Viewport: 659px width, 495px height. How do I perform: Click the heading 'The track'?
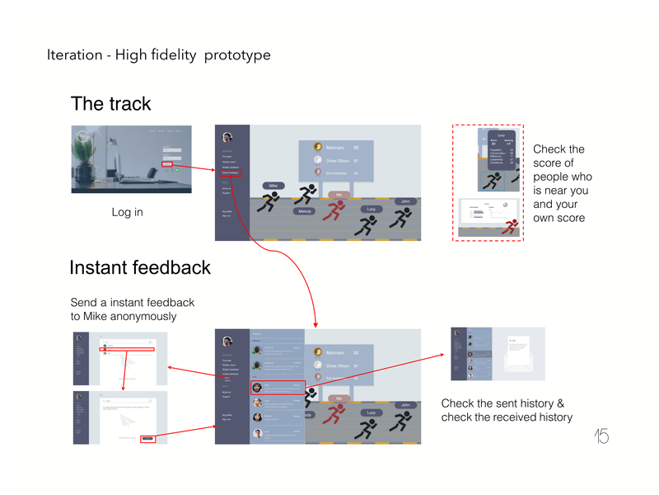pyautogui.click(x=111, y=104)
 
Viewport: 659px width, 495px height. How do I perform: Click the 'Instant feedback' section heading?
pyautogui.click(x=140, y=268)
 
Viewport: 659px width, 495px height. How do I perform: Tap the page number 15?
pyautogui.click(x=601, y=436)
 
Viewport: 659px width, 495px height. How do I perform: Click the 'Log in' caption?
pyautogui.click(x=127, y=213)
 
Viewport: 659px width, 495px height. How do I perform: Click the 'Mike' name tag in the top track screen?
pyautogui.click(x=273, y=186)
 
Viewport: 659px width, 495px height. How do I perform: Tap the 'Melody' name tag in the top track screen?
pyautogui.click(x=305, y=211)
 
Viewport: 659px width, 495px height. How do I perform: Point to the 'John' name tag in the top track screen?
pyautogui.click(x=404, y=201)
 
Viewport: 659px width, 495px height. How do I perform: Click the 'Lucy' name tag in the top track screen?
pyautogui.click(x=371, y=210)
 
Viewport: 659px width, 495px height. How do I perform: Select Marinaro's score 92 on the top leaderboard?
pyautogui.click(x=356, y=147)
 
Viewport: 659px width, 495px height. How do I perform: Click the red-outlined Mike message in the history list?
pyautogui.click(x=278, y=387)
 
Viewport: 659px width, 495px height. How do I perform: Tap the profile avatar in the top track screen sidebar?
pyautogui.click(x=227, y=137)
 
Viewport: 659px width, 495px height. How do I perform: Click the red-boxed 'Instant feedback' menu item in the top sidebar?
pyautogui.click(x=231, y=172)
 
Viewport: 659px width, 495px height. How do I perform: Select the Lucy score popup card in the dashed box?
pyautogui.click(x=500, y=148)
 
